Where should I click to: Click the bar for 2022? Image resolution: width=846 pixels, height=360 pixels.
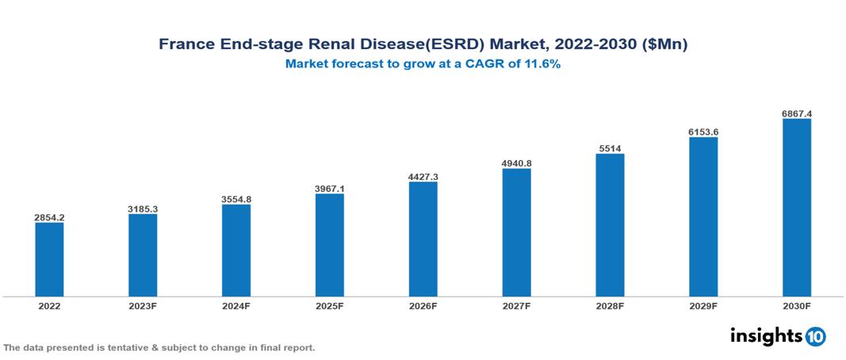point(49,259)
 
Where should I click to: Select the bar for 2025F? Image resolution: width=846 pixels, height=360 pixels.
point(330,245)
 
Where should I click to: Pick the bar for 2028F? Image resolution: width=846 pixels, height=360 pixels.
point(610,225)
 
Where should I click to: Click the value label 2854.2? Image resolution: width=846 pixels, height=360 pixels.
point(49,216)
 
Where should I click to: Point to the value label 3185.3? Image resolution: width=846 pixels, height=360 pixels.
point(143,209)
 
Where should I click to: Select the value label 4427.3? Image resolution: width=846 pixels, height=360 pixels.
point(423,176)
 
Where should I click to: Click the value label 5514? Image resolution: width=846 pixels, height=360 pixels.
point(610,147)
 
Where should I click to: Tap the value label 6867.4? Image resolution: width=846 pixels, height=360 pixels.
point(797,113)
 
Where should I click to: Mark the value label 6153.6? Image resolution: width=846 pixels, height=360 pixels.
point(703,132)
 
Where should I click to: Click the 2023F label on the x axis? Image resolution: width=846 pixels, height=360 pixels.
point(143,305)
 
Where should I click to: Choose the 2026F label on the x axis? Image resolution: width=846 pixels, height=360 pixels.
point(423,305)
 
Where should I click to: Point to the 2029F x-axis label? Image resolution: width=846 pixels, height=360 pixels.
point(703,305)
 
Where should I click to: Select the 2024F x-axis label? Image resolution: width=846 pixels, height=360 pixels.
point(236,305)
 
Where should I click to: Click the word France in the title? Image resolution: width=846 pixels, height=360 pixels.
point(183,45)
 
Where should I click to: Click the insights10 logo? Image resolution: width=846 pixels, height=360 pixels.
point(777,335)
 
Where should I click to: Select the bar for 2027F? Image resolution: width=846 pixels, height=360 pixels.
point(517,232)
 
